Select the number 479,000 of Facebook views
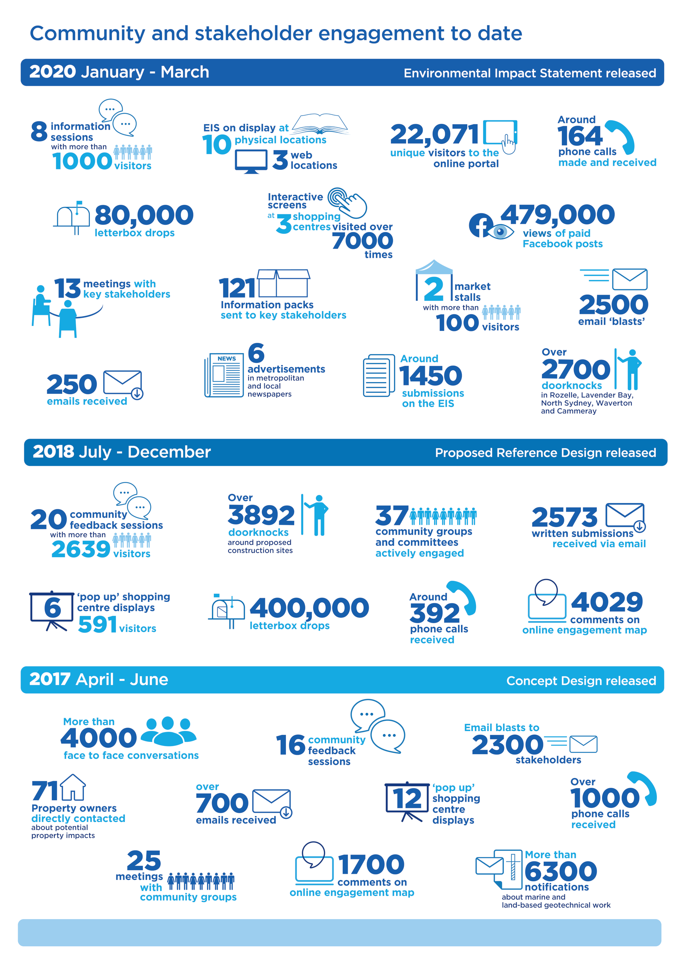coord(557,214)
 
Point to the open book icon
coord(320,124)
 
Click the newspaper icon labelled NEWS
coord(224,375)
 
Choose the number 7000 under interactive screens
coord(362,241)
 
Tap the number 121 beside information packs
coord(237,288)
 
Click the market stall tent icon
coord(434,267)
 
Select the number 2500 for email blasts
coord(613,304)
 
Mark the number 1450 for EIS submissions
coord(431,375)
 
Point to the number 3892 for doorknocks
coord(261,515)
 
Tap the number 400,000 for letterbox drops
coord(309,608)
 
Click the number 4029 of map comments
coord(606,602)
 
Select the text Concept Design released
coord(581,681)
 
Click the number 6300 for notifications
coord(560,871)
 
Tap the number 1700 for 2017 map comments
coord(371,865)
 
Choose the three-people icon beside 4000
coord(168,731)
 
